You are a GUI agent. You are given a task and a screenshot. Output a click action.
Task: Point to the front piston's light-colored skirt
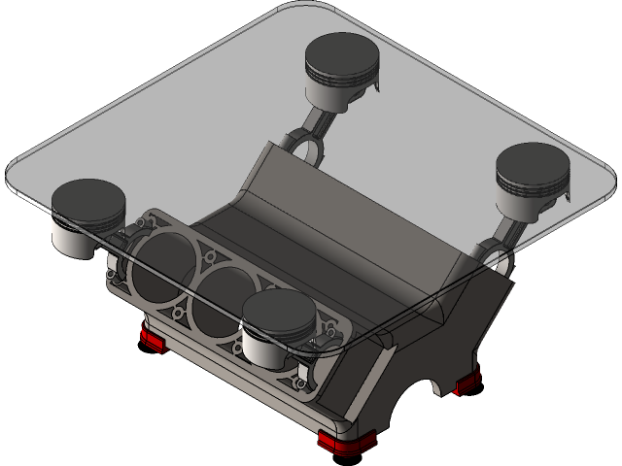[x=266, y=349]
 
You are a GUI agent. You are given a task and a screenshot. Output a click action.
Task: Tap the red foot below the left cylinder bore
[x=152, y=340]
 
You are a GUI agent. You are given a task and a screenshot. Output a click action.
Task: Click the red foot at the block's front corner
[x=344, y=441]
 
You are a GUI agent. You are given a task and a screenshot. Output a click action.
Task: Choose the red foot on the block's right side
[x=467, y=383]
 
